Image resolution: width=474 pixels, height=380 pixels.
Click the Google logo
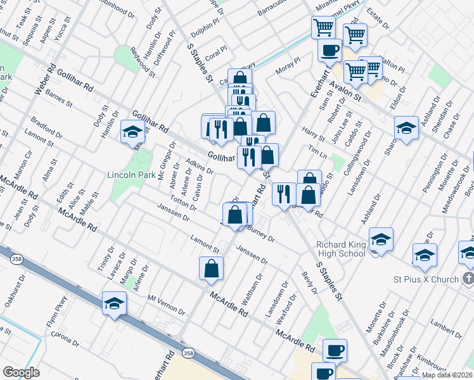pyautogui.click(x=21, y=372)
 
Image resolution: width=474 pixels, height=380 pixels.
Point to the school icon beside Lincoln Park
pyautogui.click(x=132, y=131)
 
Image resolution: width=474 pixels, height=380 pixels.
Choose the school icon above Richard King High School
pyautogui.click(x=381, y=239)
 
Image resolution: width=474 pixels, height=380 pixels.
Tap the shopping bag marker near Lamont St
pyautogui.click(x=211, y=269)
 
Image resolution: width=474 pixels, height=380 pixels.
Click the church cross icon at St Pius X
pyautogui.click(x=468, y=279)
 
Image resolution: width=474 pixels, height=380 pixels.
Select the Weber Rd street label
pyautogui.click(x=45, y=80)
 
